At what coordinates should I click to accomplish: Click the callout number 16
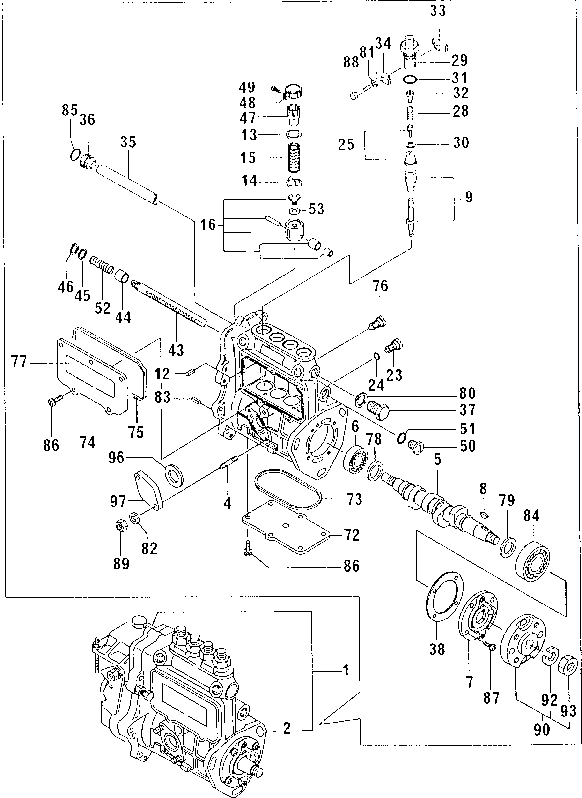click(x=208, y=224)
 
